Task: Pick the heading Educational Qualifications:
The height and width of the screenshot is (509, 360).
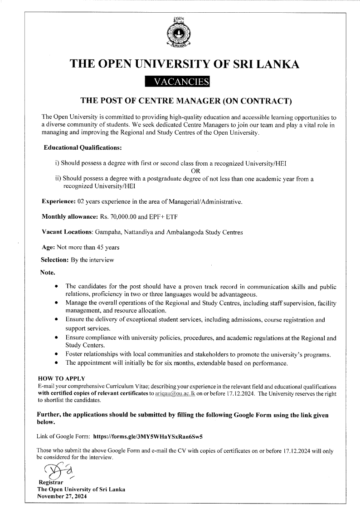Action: click(x=83, y=148)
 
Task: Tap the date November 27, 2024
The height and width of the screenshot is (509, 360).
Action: click(x=62, y=496)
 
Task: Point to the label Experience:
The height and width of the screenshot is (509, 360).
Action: click(x=58, y=201)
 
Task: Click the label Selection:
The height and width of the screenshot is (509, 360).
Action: click(x=55, y=260)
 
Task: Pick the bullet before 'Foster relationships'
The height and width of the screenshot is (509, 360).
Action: click(x=56, y=354)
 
